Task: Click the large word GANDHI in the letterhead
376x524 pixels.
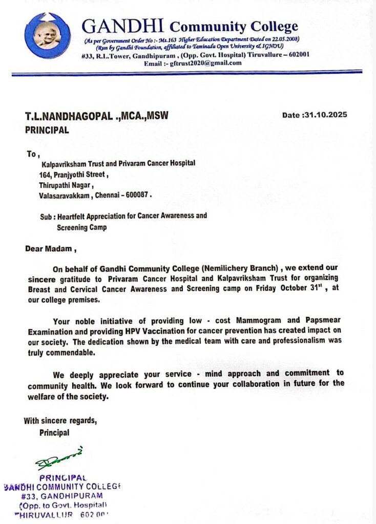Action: click(123, 26)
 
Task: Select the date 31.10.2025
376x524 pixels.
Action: click(326, 115)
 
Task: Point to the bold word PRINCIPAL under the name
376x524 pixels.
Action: click(47, 130)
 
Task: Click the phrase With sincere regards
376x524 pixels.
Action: click(60, 421)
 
